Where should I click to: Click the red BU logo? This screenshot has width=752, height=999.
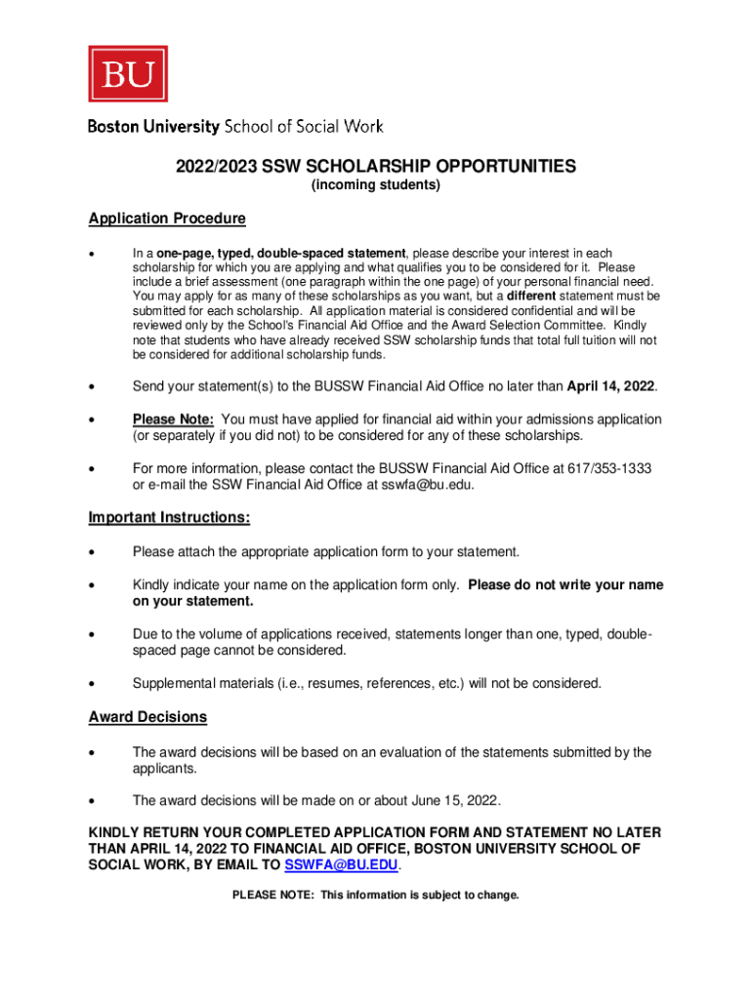[x=128, y=73]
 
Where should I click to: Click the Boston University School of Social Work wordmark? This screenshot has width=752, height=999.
[x=235, y=127]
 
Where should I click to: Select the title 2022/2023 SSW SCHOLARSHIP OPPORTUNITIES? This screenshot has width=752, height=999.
[x=376, y=167]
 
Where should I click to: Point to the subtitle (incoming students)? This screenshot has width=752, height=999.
[x=376, y=185]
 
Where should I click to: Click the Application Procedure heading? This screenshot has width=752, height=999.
[x=167, y=219]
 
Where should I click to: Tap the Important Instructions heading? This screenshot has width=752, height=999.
[x=169, y=517]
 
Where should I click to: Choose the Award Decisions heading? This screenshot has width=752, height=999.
[x=147, y=717]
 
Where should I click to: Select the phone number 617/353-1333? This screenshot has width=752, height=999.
[x=609, y=467]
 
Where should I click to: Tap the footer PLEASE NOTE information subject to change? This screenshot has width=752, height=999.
[x=376, y=895]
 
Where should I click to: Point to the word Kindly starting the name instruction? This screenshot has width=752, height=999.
[x=151, y=585]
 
